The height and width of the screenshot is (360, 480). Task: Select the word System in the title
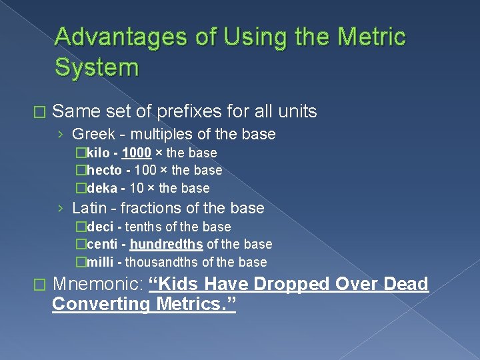pyautogui.click(x=97, y=67)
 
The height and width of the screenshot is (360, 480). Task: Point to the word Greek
pyautogui.click(x=93, y=135)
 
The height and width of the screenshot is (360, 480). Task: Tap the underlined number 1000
pyautogui.click(x=136, y=153)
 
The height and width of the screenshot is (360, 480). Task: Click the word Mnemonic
pyautogui.click(x=97, y=285)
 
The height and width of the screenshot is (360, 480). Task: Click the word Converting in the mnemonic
pyautogui.click(x=101, y=305)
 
